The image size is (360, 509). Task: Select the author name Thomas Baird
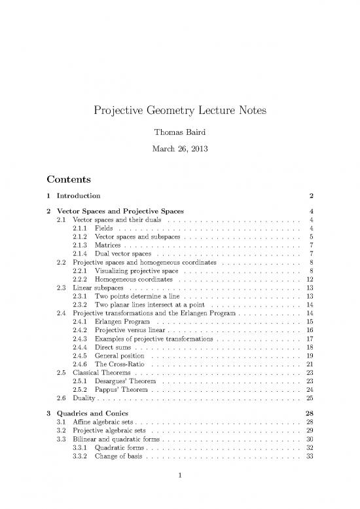(x=180, y=133)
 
